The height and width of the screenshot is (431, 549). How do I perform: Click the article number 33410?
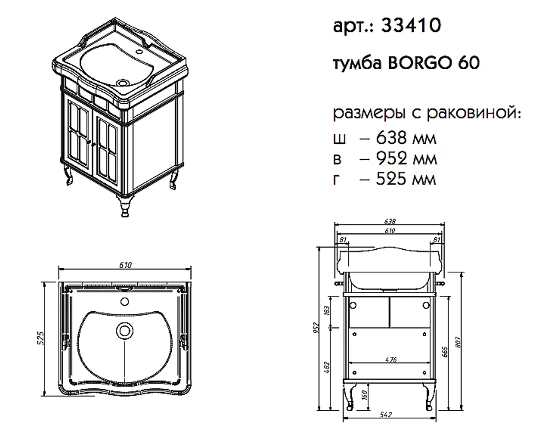(x=411, y=25)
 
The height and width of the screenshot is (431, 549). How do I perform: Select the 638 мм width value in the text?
(x=406, y=138)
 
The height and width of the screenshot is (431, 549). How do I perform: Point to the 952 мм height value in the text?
(x=406, y=158)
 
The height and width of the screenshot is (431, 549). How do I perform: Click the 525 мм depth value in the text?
(x=406, y=179)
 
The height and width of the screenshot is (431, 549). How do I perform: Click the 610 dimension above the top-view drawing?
(x=125, y=265)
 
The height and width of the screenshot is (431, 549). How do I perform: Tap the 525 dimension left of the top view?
(x=41, y=338)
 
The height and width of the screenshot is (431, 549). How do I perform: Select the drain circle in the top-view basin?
(x=124, y=330)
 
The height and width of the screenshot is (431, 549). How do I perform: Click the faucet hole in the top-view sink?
(x=124, y=301)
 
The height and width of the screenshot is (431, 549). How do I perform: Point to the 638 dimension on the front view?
(x=390, y=221)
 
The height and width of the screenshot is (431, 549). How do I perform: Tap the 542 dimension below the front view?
(x=385, y=415)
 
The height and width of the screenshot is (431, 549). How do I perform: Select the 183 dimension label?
(x=327, y=310)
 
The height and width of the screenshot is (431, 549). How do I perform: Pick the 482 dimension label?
(x=327, y=367)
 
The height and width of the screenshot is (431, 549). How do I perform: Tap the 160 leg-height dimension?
(x=365, y=395)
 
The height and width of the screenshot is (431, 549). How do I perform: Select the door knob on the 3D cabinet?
(x=92, y=142)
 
